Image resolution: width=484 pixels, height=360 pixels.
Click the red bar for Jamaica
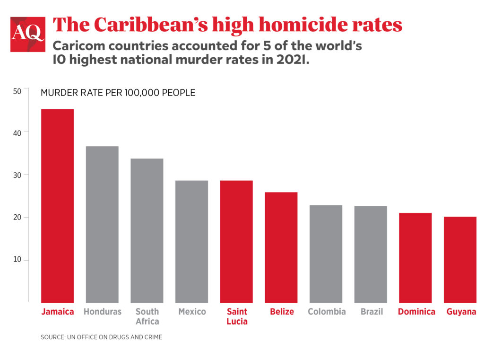58,206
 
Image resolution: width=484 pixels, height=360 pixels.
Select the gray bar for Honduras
102,224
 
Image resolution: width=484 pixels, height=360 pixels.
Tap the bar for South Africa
147,230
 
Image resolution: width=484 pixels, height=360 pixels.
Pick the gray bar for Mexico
191,241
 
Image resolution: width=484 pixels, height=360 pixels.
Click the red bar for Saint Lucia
236,241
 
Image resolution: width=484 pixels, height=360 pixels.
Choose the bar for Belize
281,247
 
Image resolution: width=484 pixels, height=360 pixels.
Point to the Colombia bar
326,254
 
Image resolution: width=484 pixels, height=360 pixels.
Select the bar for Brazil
371,254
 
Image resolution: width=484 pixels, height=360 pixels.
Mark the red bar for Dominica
415,257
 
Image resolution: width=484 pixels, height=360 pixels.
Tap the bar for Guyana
460,259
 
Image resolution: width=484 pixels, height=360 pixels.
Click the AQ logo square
28,34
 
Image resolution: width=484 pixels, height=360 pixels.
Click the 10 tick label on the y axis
17,260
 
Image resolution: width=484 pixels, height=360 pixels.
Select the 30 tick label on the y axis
17,175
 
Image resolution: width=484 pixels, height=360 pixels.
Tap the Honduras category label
102,312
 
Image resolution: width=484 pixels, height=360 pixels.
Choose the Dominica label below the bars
416,312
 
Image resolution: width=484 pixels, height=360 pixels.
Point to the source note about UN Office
102,337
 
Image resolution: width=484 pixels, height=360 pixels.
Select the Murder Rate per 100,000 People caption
118,93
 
